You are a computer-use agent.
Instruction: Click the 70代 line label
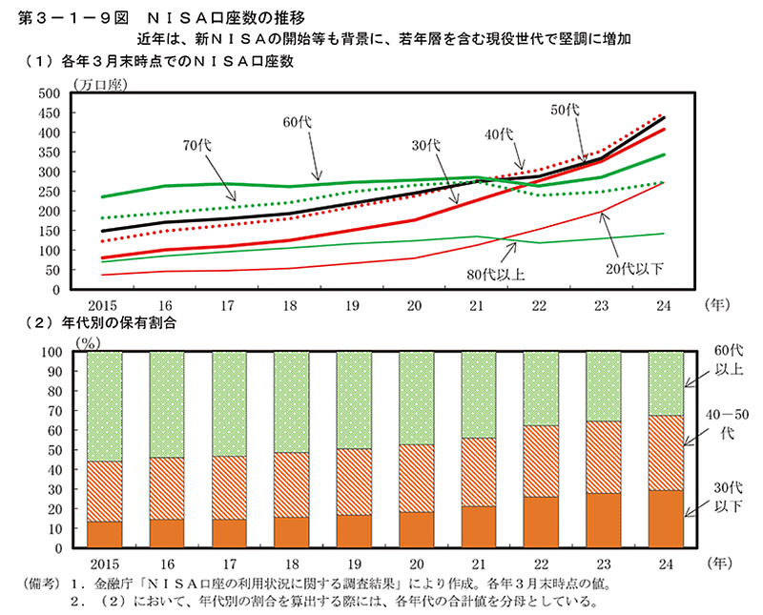click(x=197, y=146)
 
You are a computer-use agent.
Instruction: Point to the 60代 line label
click(x=298, y=122)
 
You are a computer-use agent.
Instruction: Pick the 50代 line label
click(x=566, y=111)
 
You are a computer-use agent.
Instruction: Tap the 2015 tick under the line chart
click(x=103, y=306)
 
